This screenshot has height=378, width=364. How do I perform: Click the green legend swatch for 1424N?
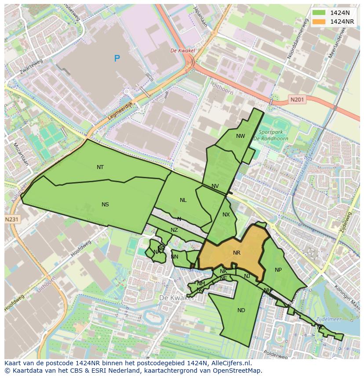(320, 13)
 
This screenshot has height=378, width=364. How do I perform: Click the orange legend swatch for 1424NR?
(320, 22)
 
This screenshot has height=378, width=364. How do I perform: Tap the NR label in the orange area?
(237, 253)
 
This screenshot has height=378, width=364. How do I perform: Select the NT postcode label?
(100, 167)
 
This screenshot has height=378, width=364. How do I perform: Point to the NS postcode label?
(105, 205)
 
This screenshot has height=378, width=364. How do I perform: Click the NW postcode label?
(240, 136)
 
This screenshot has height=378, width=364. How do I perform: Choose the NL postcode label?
(183, 200)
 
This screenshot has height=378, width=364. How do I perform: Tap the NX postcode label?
(226, 215)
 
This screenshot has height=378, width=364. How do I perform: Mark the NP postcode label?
(278, 270)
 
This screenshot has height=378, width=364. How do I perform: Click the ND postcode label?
(241, 310)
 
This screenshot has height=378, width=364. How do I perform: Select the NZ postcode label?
(175, 230)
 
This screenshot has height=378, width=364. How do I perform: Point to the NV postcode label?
(215, 186)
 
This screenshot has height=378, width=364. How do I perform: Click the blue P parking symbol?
(117, 58)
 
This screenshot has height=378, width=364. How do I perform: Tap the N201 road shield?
(297, 100)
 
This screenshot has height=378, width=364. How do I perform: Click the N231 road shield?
(13, 219)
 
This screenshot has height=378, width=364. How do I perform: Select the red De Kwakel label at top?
(182, 50)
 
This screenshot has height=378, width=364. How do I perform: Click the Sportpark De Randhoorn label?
(271, 135)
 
